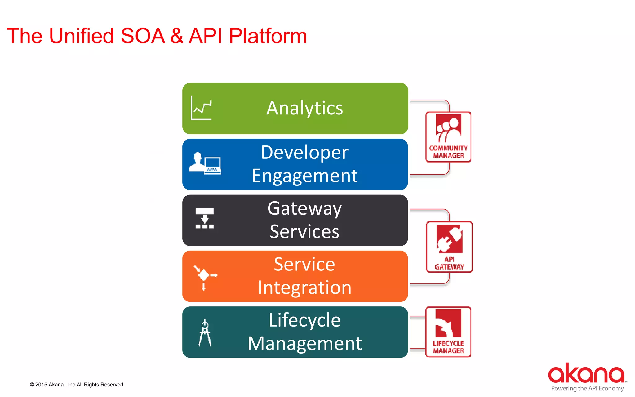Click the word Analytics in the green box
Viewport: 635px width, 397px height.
coord(304,108)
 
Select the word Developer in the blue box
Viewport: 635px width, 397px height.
coord(304,153)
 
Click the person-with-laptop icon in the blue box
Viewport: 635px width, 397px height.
coord(205,163)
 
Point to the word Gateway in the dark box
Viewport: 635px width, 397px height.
coord(304,208)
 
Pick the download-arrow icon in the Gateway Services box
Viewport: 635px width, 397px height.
coord(205,219)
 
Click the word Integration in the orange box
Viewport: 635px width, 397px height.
coord(304,288)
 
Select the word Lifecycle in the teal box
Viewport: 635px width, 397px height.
coord(304,320)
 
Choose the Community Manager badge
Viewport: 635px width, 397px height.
coord(448,137)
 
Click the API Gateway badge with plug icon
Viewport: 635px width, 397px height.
coord(449,247)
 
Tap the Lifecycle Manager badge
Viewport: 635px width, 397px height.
coord(448,332)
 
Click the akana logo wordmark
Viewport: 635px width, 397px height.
coord(586,373)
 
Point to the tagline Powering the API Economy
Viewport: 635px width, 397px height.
coord(587,389)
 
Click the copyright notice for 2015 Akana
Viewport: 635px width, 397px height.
coord(77,385)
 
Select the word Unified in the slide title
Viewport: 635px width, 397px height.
coord(82,36)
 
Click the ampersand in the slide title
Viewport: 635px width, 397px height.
coord(177,36)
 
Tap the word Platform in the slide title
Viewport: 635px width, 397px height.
coord(268,36)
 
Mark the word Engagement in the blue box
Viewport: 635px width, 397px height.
coord(304,176)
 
